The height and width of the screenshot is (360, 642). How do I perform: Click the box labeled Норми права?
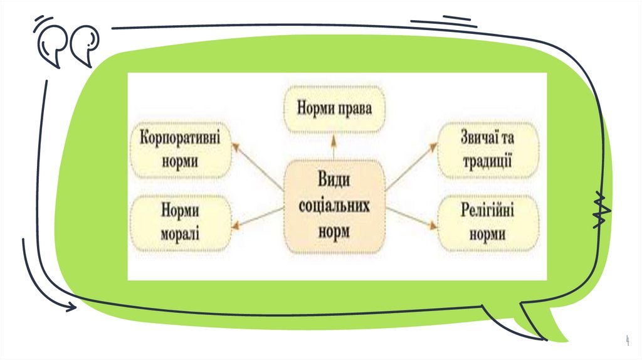pyautogui.click(x=335, y=109)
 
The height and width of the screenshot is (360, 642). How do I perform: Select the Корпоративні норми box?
pyautogui.click(x=179, y=149)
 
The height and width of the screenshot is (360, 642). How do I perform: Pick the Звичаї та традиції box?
pyautogui.click(x=487, y=149)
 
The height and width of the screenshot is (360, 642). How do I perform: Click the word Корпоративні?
pyautogui.click(x=179, y=138)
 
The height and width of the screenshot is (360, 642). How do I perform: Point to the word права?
pyautogui.click(x=355, y=109)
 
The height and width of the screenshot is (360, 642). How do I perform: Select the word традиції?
pyautogui.click(x=487, y=161)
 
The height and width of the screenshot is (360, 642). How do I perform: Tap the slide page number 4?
pyautogui.click(x=628, y=340)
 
